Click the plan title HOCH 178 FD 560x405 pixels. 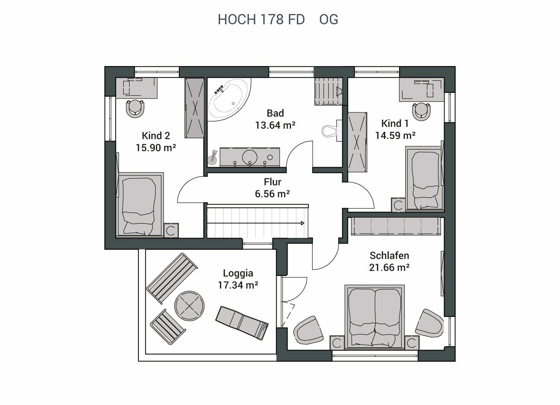261,19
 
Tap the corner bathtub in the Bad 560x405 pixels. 229,99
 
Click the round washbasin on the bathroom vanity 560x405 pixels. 250,157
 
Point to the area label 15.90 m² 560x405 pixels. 156,148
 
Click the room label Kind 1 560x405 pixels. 395,123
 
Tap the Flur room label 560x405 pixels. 272,182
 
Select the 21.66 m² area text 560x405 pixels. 389,268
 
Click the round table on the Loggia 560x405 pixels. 189,306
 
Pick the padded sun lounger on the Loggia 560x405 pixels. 242,323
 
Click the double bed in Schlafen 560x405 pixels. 374,317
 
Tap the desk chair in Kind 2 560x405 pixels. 135,108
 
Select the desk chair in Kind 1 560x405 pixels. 422,112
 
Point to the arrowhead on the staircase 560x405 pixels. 302,223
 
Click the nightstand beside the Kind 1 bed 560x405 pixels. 398,205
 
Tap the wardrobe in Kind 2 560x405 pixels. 194,108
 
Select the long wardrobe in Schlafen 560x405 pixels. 396,226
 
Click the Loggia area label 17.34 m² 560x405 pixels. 238,285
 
